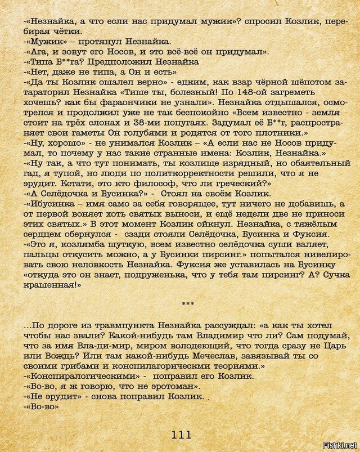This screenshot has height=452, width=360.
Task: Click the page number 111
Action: (181, 434)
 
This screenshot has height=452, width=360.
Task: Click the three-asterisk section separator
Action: (188, 305)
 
